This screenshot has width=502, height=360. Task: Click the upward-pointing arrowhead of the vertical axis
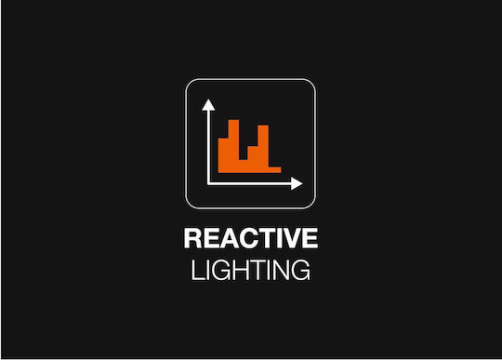coord(208,105)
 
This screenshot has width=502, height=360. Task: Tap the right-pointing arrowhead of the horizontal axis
coord(297,183)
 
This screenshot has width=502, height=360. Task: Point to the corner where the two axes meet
coord(208,184)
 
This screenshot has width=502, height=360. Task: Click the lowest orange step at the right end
coord(275,170)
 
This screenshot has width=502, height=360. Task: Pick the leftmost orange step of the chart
coord(223,155)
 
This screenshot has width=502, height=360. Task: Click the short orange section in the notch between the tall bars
coord(244,167)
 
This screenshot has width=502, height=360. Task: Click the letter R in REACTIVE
coord(192,238)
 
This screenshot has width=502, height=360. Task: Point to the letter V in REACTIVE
coord(290,238)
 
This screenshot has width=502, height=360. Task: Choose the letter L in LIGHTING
coord(198,270)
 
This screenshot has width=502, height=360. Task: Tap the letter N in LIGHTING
coord(281,270)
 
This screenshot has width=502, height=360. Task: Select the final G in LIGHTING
coord(300,270)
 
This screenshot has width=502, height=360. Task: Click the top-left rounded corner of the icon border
coord(190,83)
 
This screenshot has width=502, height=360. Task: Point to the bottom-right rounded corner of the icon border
coord(311,205)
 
